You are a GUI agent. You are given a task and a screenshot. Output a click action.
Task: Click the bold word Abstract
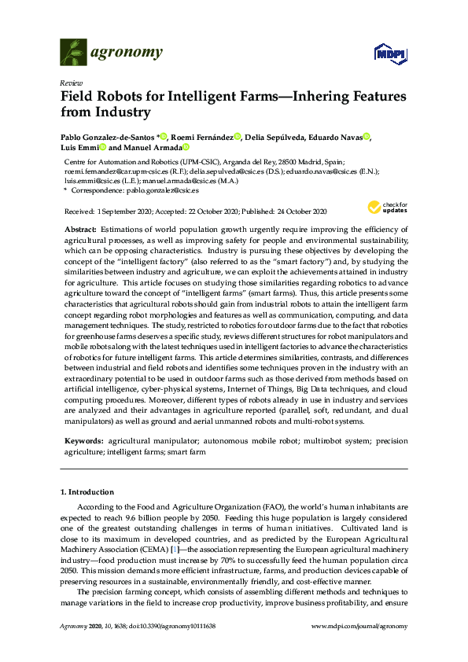click(82, 228)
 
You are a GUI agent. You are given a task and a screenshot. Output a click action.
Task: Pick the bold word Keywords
click(83, 441)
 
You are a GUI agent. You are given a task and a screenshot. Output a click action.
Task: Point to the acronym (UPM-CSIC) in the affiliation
click(186, 160)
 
